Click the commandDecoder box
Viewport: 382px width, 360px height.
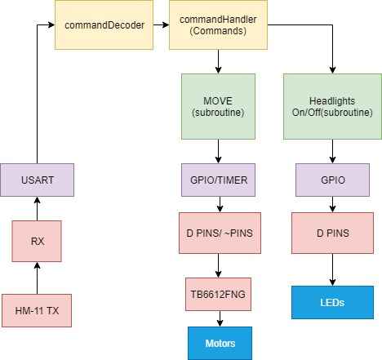(104, 24)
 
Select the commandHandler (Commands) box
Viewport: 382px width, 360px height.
(218, 24)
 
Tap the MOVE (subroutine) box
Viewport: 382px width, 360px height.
(218, 106)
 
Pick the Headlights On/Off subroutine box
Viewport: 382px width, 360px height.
(332, 106)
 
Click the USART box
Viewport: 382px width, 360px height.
(37, 180)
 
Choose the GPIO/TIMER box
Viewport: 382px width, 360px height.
(218, 180)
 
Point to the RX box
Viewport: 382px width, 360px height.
(37, 241)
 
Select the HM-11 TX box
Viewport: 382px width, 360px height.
(37, 310)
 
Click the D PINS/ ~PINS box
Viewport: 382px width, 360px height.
(220, 233)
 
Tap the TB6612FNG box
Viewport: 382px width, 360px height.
(218, 294)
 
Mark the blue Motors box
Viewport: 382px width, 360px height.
(220, 344)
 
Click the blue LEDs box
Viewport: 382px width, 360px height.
(332, 302)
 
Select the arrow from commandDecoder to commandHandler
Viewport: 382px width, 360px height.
(161, 24)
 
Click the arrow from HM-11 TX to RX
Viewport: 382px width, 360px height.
(37, 278)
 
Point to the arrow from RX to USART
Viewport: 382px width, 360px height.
(37, 208)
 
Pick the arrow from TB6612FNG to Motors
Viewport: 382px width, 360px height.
(220, 318)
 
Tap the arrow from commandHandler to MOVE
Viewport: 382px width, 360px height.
(218, 61)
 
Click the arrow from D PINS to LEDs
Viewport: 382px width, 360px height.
(332, 269)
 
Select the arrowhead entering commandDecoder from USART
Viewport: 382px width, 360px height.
(51, 24)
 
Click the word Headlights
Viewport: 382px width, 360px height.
(332, 101)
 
